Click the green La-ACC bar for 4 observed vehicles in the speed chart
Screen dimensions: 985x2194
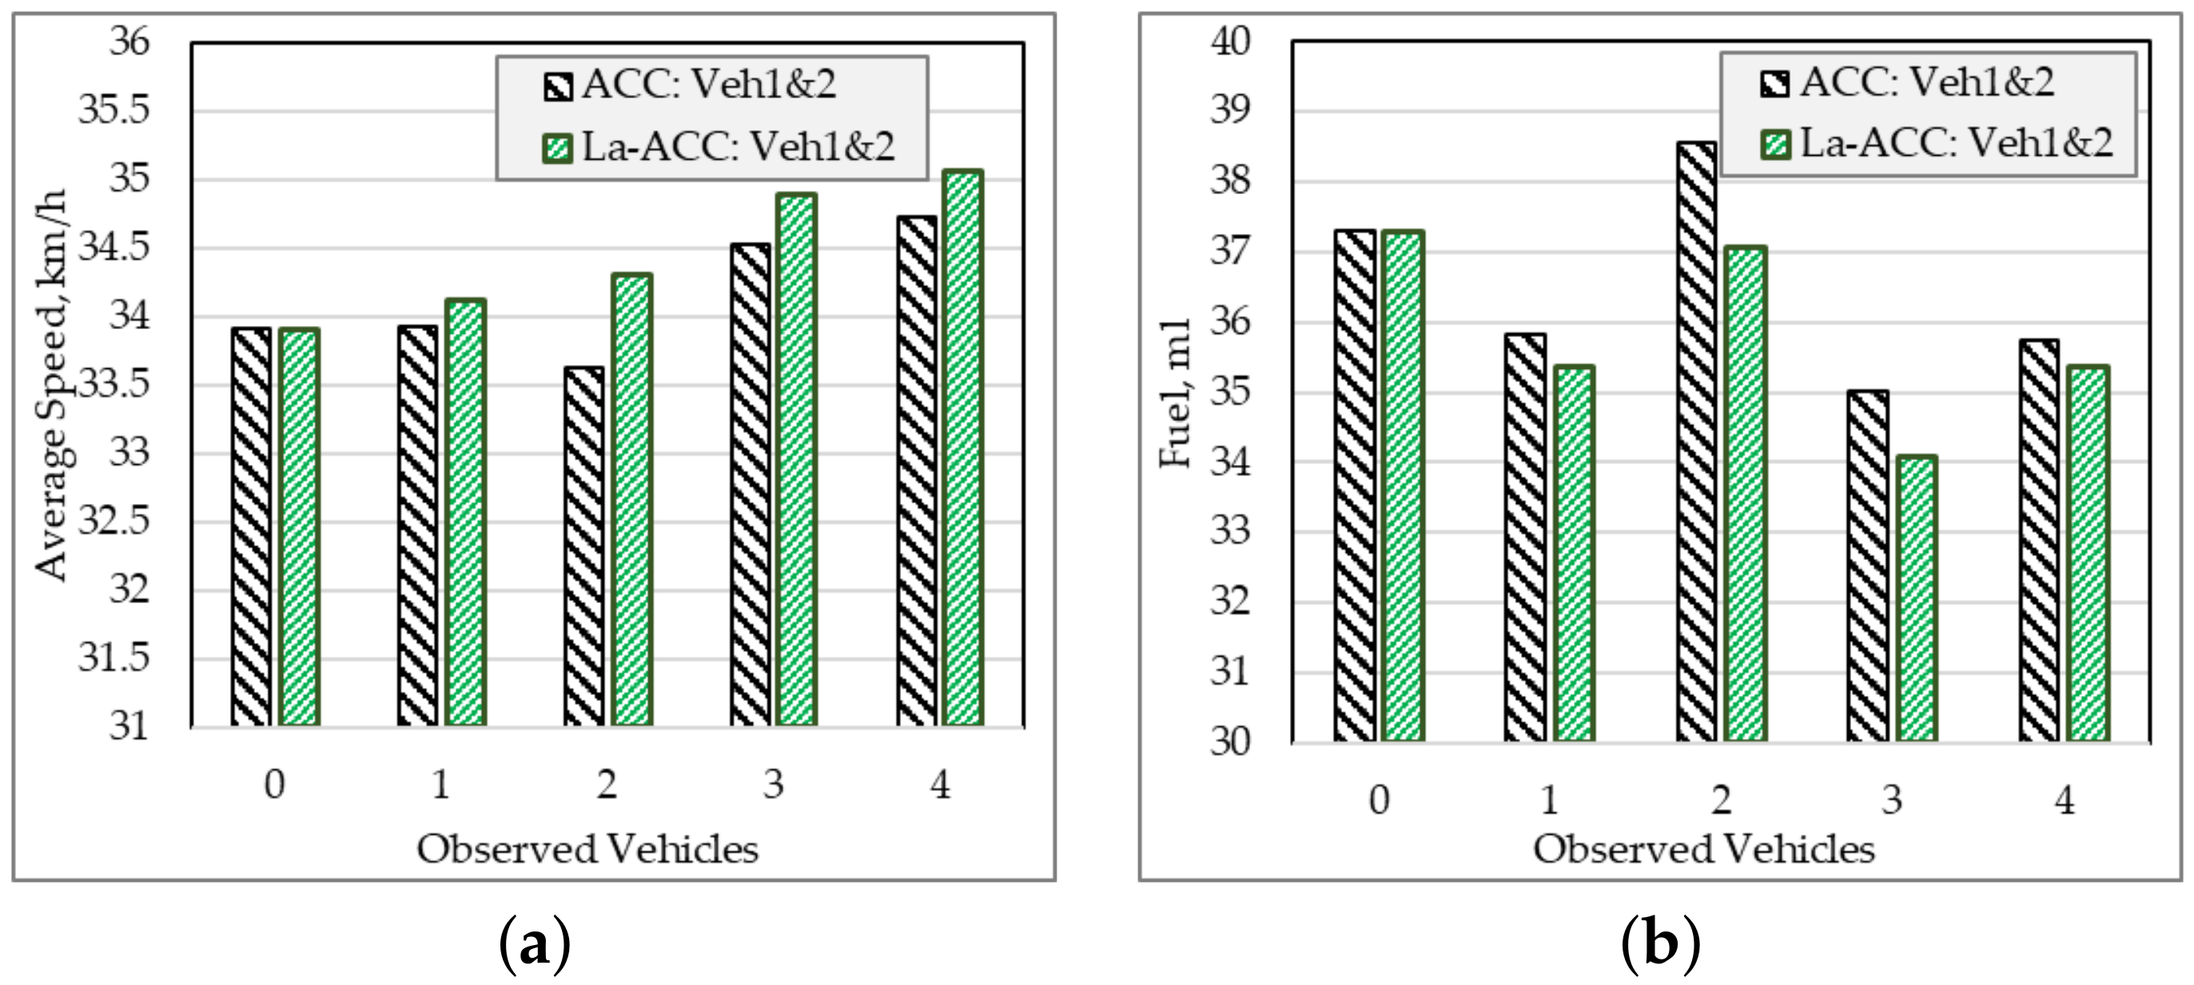[x=963, y=449]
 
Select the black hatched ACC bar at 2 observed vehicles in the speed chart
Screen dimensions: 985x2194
[x=584, y=546]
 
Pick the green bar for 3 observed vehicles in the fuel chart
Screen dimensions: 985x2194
[x=1916, y=598]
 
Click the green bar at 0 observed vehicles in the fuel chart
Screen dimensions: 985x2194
[x=1403, y=487]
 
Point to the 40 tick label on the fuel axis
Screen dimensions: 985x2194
[x=1231, y=41]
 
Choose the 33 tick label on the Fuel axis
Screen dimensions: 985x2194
[x=1231, y=531]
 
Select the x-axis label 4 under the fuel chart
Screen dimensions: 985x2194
[x=2064, y=800]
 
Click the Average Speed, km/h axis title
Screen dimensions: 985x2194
[x=51, y=385]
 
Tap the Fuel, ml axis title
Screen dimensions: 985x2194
[x=1176, y=393]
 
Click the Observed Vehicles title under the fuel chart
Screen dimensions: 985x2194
[x=1703, y=850]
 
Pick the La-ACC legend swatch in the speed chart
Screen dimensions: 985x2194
[x=558, y=147]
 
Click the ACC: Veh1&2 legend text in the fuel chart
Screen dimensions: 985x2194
[x=1926, y=82]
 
